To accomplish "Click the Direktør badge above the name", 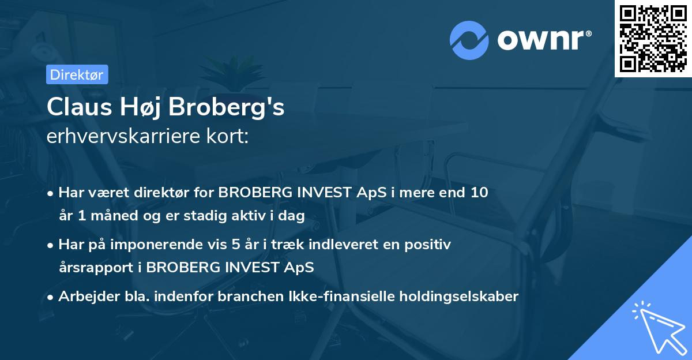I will point(77,74).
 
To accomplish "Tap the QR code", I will point(652,39).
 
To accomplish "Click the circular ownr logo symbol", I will point(469,40).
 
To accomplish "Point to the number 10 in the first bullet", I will point(479,192).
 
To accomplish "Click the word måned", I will point(108,216).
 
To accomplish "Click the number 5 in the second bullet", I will point(236,245).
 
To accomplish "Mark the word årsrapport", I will point(99,268).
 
